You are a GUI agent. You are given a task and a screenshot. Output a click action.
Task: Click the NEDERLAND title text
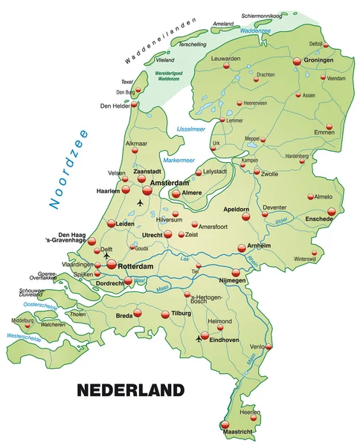point(130,390)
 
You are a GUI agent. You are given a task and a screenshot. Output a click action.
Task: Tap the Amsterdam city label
point(171,183)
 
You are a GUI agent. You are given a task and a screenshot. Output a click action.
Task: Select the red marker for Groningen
point(297,62)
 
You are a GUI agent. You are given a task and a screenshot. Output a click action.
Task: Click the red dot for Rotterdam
point(112,264)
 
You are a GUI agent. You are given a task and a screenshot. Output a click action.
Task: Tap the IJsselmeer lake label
point(190,129)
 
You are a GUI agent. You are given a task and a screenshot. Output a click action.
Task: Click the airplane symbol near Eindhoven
point(198,338)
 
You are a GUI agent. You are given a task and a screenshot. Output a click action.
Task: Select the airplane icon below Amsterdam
point(141,201)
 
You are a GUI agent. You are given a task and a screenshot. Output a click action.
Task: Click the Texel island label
point(126,82)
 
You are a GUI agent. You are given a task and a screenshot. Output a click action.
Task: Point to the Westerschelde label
point(24,337)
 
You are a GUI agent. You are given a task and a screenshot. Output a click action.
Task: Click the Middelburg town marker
point(28,325)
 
